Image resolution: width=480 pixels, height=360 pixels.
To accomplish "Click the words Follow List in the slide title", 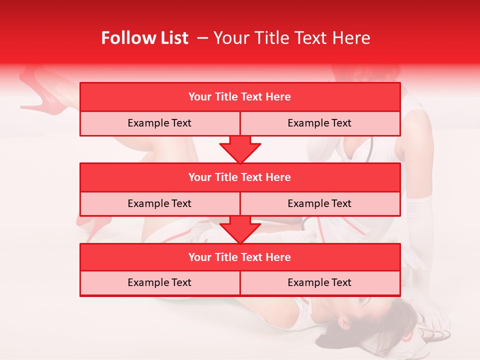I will [145, 38].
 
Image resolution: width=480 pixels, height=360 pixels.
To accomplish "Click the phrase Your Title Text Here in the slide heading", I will [291, 38].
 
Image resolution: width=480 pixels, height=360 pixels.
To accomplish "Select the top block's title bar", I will [240, 97].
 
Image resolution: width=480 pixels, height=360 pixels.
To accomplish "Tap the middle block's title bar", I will [240, 177].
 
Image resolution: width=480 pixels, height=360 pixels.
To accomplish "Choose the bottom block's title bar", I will [240, 257].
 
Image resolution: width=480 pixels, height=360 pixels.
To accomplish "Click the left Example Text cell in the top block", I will [159, 123].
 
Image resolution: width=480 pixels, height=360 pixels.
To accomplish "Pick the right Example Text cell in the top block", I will [319, 123].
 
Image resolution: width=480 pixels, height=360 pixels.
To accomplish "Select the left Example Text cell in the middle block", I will [159, 203].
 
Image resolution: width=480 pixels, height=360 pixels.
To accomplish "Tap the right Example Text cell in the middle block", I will [319, 203].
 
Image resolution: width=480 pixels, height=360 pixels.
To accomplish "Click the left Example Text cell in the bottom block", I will [159, 282].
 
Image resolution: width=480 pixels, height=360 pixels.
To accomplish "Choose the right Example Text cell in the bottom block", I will [319, 282].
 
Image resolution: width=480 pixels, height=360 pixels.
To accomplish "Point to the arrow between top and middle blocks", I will [240, 149].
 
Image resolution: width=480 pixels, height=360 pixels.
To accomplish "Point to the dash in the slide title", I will [203, 38].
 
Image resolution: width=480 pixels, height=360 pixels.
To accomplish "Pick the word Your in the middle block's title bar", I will [200, 177].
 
